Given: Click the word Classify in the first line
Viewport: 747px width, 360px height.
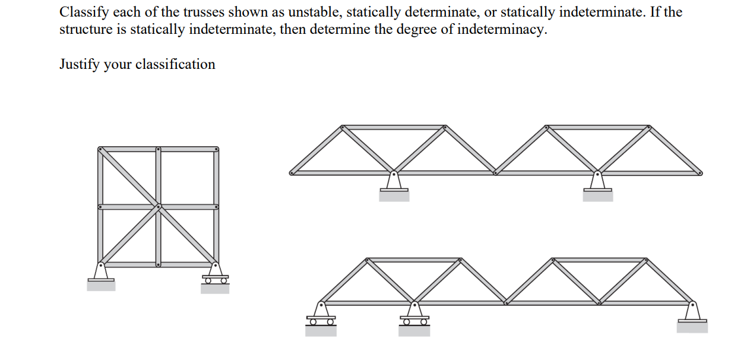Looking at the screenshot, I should click(81, 12).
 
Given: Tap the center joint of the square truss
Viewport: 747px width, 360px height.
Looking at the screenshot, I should click(159, 207).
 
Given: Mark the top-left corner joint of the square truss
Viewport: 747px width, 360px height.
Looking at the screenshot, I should click(100, 149).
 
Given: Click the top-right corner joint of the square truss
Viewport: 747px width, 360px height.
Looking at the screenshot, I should click(216, 149).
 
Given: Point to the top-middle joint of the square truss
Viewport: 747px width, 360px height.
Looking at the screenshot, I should click(159, 149).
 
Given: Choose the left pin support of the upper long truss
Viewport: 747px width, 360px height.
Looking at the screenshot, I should click(394, 181).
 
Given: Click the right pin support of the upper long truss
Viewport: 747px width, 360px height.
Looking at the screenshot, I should click(597, 181).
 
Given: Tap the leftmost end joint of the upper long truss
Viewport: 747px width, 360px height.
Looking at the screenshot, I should click(291, 173).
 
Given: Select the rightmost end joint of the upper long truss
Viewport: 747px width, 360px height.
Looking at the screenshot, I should click(700, 173).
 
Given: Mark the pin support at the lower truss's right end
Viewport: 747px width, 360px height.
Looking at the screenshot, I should click(692, 312).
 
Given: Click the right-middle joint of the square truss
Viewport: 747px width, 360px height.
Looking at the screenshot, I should click(216, 207).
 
